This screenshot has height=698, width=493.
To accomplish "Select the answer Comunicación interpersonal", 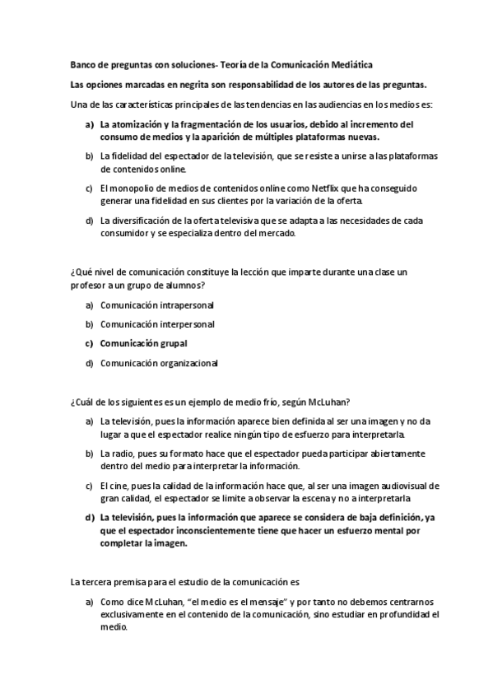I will click(151, 324).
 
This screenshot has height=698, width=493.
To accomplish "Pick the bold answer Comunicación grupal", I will click(144, 343).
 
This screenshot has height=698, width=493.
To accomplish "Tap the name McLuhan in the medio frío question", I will click(330, 402).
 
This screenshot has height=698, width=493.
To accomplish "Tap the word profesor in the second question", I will click(86, 285).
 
